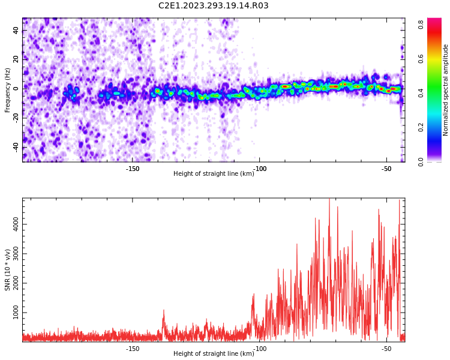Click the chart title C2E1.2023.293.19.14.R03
213,5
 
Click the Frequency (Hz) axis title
7,90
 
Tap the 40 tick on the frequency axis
16,30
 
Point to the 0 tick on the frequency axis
16,89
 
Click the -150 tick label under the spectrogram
133,169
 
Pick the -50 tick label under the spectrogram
386,169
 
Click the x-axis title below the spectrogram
214,173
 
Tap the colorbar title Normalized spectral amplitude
445,90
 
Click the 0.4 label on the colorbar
421,93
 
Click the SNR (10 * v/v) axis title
7,269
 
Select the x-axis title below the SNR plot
214,353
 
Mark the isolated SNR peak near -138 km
164,310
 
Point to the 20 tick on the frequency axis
16,59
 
